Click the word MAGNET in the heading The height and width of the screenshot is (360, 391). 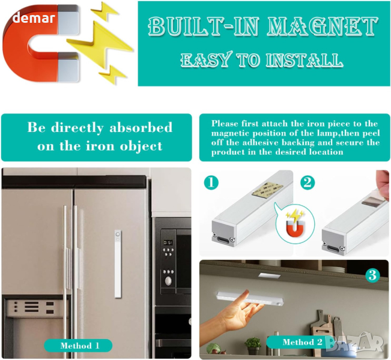click(323, 26)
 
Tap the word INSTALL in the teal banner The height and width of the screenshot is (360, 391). click(305, 60)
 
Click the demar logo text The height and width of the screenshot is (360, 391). click(34, 18)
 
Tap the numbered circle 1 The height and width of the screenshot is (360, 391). click(211, 182)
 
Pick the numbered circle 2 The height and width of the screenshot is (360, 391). click(308, 182)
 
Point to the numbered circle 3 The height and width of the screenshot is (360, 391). click(372, 275)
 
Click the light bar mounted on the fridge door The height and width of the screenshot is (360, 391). click(118, 264)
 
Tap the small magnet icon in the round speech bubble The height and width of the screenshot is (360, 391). click(295, 227)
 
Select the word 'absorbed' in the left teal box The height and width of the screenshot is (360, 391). click(141, 128)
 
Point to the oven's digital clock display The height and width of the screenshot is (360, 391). click(168, 242)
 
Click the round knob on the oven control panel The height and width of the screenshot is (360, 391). click(169, 281)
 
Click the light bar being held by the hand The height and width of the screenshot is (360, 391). click(250, 299)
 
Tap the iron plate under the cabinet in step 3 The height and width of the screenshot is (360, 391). click(270, 275)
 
